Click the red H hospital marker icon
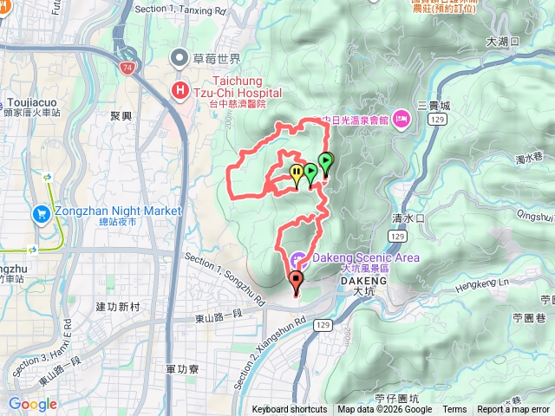tap(180, 89)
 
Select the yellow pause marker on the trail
tap(297, 173)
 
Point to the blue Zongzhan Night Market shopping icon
tap(41, 213)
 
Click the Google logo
tap(32, 404)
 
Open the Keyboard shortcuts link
tap(290, 409)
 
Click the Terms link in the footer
tap(454, 409)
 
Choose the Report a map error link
tap(514, 409)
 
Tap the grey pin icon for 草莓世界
tap(180, 59)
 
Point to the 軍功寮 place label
tap(182, 368)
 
